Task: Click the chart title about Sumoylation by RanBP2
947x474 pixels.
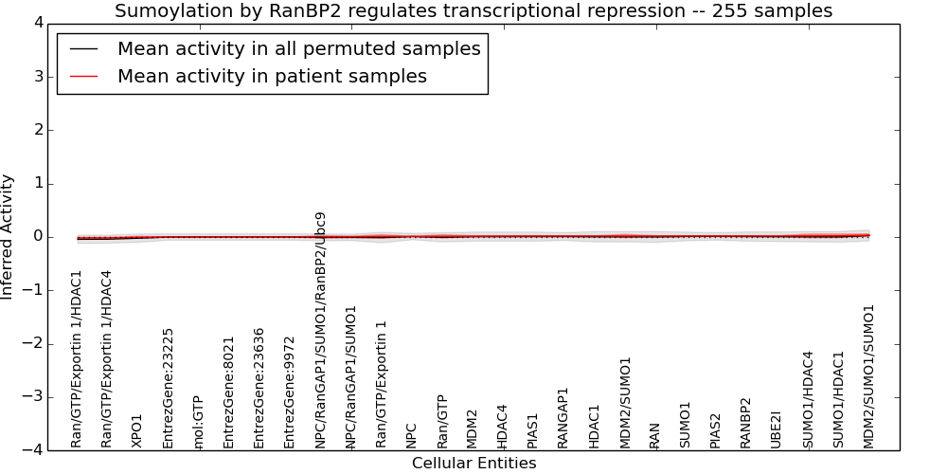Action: click(x=473, y=11)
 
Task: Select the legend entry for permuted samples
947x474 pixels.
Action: click(x=298, y=48)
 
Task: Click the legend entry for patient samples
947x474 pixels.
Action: click(x=272, y=77)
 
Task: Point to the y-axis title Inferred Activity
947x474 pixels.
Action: click(x=8, y=237)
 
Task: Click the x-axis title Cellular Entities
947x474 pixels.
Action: click(x=473, y=464)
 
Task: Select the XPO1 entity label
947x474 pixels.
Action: click(x=137, y=430)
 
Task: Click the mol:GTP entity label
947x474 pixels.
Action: click(x=198, y=422)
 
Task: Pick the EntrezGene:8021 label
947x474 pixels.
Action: click(x=228, y=392)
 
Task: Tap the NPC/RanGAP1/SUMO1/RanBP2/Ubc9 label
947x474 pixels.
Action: click(x=320, y=329)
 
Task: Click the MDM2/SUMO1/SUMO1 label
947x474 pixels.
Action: click(x=868, y=375)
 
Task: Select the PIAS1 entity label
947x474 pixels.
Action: click(x=532, y=429)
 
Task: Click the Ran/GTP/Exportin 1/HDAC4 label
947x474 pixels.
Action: click(x=107, y=358)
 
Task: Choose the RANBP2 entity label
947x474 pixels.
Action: click(x=746, y=422)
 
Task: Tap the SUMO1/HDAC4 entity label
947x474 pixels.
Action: click(x=808, y=399)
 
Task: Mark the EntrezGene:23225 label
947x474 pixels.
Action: click(x=168, y=388)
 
